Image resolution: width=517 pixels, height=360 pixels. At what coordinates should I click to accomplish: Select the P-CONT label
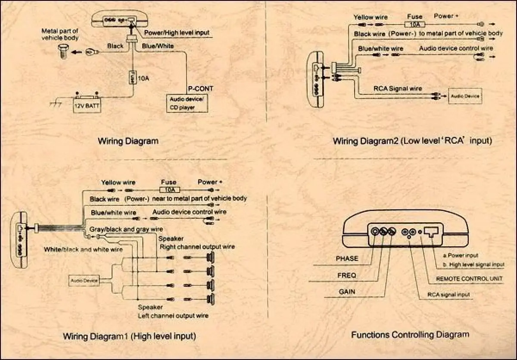click(200, 89)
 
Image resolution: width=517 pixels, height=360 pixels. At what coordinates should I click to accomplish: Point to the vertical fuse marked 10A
click(132, 77)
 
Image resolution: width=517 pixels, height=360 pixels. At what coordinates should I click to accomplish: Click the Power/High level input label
click(177, 33)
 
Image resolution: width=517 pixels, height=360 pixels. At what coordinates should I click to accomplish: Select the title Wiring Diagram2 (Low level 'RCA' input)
click(412, 141)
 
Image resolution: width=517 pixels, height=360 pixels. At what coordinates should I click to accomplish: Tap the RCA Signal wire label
click(398, 89)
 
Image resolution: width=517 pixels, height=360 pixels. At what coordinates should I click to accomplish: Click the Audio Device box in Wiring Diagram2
click(465, 96)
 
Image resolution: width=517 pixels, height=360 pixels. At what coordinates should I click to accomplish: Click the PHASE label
click(347, 259)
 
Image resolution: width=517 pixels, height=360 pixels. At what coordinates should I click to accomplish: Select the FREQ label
click(346, 275)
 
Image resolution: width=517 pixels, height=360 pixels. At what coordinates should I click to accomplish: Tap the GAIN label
click(347, 292)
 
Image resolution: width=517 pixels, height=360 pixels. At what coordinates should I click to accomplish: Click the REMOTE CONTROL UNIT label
click(469, 279)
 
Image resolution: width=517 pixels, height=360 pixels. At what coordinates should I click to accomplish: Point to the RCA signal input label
click(448, 295)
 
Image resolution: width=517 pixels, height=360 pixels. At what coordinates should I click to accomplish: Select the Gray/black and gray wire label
click(126, 229)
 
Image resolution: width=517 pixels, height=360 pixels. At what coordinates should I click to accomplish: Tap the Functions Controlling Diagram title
click(410, 335)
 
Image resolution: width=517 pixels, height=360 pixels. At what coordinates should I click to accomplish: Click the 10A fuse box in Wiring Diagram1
click(169, 189)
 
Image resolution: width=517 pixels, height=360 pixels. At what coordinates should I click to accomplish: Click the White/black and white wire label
click(83, 249)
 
